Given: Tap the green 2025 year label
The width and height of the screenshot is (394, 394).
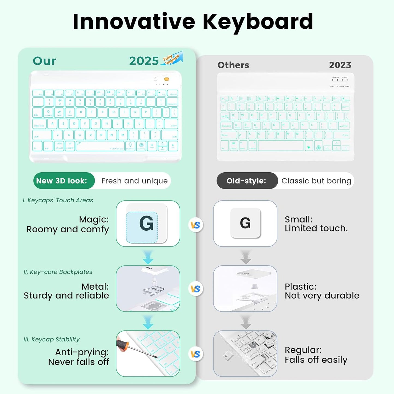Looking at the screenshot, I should coord(144,61).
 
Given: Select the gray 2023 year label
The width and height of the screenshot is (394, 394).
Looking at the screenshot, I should coord(340,65).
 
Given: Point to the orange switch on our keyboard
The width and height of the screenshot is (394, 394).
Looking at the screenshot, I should coord(166,79).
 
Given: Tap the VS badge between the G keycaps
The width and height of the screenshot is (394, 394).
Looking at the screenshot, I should coord(196,225).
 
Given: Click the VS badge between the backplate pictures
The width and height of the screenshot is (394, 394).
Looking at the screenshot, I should coord(196,289).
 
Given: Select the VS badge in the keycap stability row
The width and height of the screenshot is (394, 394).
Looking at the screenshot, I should coord(196,354).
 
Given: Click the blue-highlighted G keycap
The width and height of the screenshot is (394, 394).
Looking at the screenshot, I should coord(146,224).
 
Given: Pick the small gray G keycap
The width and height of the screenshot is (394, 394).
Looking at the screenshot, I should coord(245,223).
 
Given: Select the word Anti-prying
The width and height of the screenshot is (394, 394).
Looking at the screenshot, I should coord(82,352).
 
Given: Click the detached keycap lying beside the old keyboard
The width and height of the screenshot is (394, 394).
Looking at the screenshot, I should coord(227,356).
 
